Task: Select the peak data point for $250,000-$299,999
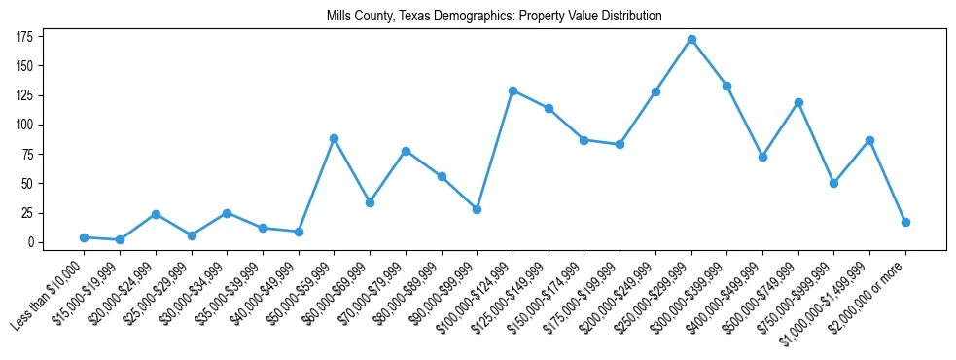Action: (x=691, y=40)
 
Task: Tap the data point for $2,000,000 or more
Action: (x=905, y=222)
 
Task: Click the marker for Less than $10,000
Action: (x=84, y=237)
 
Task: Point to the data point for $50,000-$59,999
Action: (x=334, y=138)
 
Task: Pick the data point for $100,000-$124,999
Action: (x=513, y=90)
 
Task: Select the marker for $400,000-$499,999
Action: (x=762, y=157)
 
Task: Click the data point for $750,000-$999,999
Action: (x=833, y=183)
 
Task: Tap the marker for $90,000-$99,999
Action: (x=477, y=209)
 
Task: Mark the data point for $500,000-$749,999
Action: (x=798, y=102)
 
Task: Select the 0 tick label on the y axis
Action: (x=31, y=242)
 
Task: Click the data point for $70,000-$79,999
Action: (x=406, y=151)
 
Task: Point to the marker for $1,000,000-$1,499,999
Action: (x=869, y=141)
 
